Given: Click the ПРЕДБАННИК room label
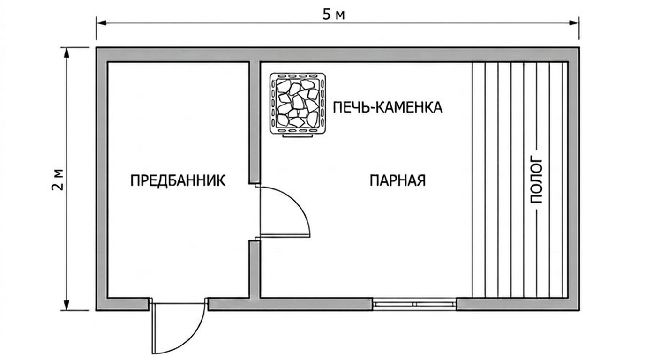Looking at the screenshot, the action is tap(178, 180).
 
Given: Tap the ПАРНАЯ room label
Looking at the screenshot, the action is tap(397, 180).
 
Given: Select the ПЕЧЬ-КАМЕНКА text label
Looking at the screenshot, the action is tap(388, 107).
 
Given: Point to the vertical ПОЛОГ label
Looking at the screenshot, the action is tap(536, 181).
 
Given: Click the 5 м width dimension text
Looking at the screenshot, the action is tap(333, 15).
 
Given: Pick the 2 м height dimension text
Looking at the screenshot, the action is tap(58, 180).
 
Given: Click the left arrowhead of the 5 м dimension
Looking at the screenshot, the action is tap(101, 23).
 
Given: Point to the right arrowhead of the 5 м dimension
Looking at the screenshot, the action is tap(574, 23).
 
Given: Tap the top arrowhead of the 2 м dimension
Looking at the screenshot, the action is tap(67, 52).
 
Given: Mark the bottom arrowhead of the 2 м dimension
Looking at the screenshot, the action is tap(67, 305).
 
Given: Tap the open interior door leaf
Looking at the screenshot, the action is tap(285, 236).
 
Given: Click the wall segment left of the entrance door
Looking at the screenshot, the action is tap(122, 304).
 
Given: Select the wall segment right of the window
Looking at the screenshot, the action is tap(518, 304).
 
